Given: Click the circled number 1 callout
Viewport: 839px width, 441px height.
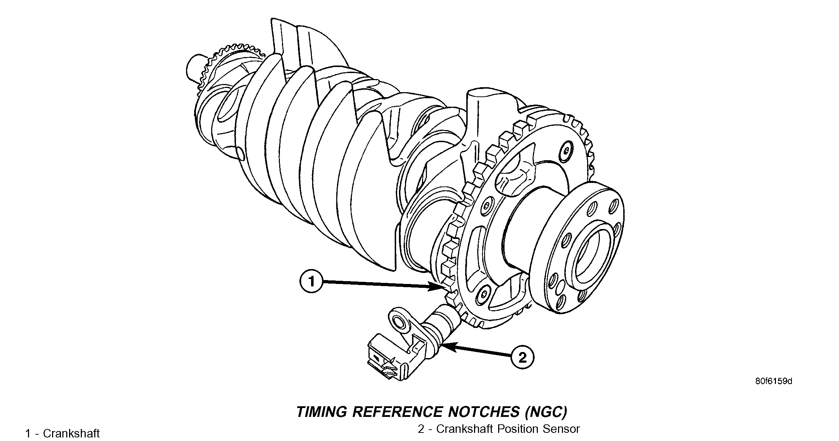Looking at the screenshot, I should pyautogui.click(x=311, y=282).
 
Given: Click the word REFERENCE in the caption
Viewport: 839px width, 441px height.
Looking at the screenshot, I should pyautogui.click(x=397, y=412).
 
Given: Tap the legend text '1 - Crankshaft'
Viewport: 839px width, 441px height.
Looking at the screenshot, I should pyautogui.click(x=62, y=433).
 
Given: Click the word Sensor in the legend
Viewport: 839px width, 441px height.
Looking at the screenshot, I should pyautogui.click(x=561, y=429).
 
